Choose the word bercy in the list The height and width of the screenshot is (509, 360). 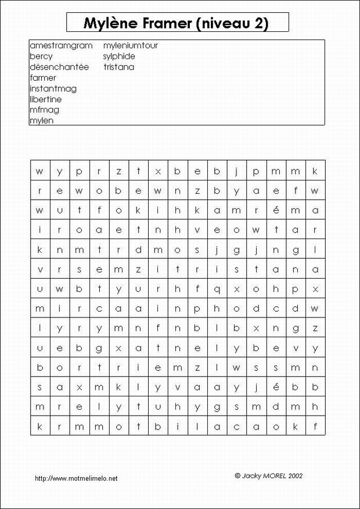[x=41, y=56]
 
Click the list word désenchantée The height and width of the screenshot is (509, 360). [x=59, y=67]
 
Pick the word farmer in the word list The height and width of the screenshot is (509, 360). [x=42, y=78]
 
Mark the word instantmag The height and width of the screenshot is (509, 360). [x=53, y=89]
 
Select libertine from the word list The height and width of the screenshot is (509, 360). [x=45, y=99]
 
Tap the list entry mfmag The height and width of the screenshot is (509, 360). [x=44, y=110]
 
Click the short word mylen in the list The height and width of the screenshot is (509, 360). [x=41, y=121]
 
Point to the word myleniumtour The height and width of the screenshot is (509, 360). [x=131, y=45]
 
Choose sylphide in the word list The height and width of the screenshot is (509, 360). [x=119, y=56]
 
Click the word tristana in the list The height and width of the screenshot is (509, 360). [x=118, y=67]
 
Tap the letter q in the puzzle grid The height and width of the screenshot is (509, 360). [x=217, y=288]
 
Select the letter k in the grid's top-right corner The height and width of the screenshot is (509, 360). [x=315, y=171]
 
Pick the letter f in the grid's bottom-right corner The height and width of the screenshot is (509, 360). [x=315, y=427]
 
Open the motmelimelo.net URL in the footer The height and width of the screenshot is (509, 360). [x=76, y=478]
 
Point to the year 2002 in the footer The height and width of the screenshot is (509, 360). [x=294, y=475]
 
